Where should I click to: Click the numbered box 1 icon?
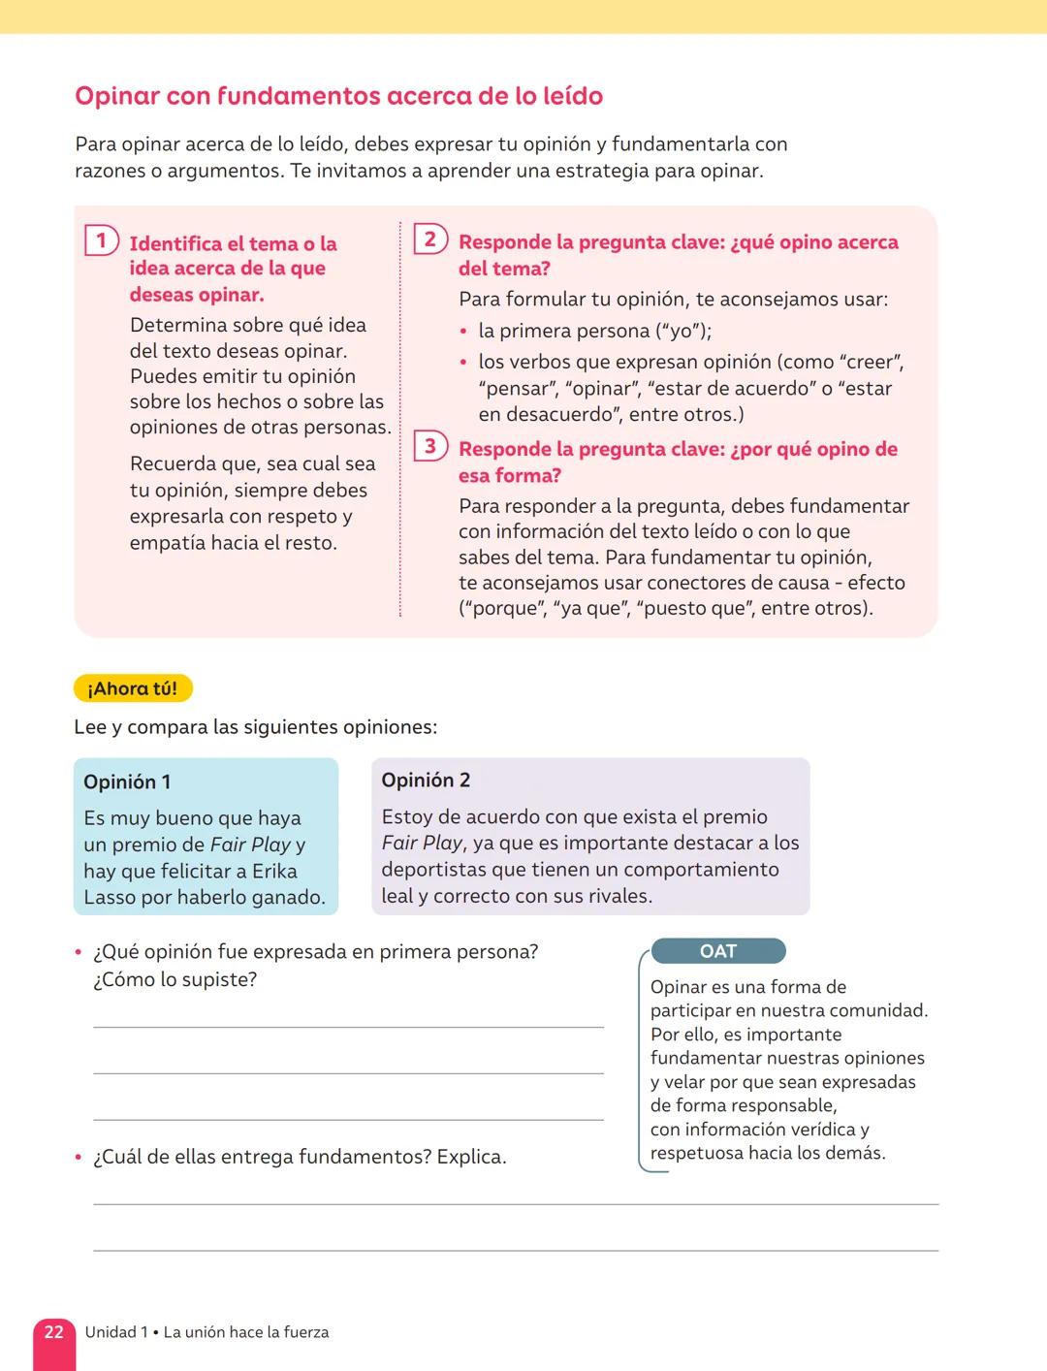101,239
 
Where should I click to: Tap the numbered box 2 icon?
429,239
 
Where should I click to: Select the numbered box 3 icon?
429,446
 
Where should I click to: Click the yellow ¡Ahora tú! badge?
133,688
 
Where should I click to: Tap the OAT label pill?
718,951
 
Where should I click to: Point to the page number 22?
54,1332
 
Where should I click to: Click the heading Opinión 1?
127,781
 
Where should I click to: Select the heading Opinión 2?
426,780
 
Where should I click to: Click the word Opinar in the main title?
117,96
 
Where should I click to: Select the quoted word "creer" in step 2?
872,362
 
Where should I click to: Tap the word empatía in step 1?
167,542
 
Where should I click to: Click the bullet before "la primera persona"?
464,332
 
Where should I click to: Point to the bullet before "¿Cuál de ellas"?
79,1157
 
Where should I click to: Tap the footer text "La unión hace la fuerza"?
246,1332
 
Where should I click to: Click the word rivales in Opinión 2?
612,895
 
